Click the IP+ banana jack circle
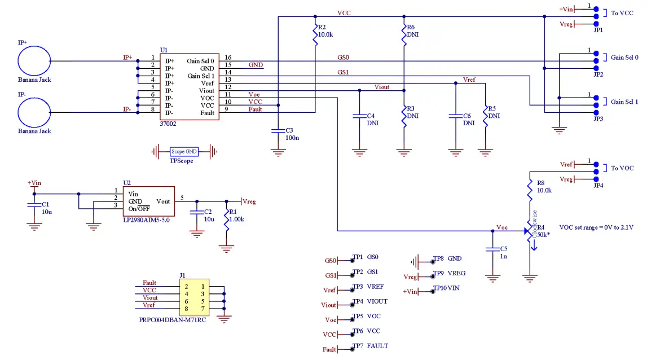[34, 60]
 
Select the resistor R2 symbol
[314, 36]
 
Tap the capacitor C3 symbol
[278, 131]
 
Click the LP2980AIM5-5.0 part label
[146, 220]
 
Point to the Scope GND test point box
[184, 151]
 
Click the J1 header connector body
[195, 297]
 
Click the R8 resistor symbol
[530, 189]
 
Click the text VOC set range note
[596, 227]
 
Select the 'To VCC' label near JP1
[622, 12]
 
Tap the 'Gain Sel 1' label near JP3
[624, 102]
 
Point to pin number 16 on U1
[228, 58]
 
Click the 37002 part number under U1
[168, 123]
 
